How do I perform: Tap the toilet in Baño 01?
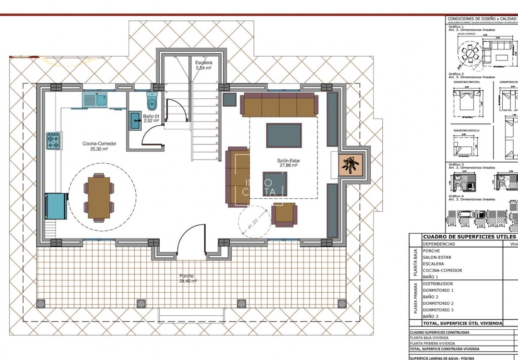click(x=152, y=101)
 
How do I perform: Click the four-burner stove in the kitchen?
click(x=53, y=141)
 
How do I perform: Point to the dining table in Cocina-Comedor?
click(x=99, y=197)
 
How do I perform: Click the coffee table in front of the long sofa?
click(x=284, y=135)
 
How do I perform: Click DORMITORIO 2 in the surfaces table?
click(x=438, y=303)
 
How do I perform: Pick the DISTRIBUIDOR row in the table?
click(x=438, y=284)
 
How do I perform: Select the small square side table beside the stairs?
click(x=230, y=99)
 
